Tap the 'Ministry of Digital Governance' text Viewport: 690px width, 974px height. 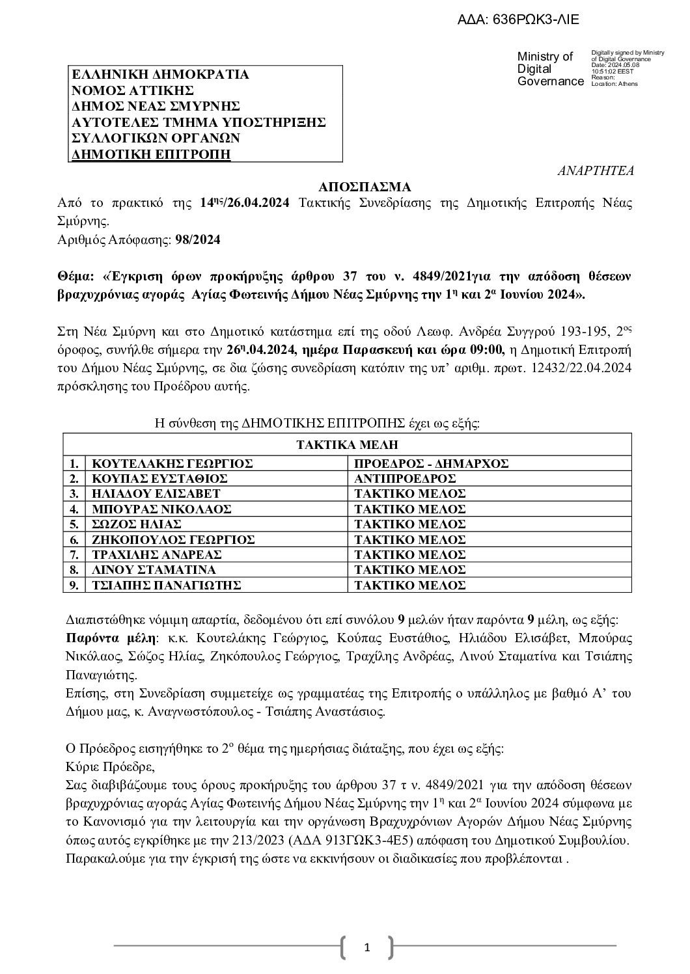tap(549, 69)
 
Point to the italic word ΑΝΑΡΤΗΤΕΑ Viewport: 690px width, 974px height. tap(596, 171)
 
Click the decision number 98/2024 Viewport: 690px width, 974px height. tap(198, 239)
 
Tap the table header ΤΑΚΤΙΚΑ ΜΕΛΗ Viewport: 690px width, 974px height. tap(347, 445)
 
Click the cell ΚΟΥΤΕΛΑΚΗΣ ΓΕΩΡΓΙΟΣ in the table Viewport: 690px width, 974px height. tap(172, 464)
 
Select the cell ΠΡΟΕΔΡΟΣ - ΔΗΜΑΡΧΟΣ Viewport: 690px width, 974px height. tap(432, 464)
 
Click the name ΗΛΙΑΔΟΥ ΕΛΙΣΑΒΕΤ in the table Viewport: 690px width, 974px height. tap(156, 494)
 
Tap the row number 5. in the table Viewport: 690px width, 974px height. tap(74, 524)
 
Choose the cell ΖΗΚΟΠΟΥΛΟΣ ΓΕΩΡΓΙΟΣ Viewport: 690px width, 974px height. tap(173, 539)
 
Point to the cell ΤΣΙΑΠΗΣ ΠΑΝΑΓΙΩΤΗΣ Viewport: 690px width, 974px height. tap(167, 585)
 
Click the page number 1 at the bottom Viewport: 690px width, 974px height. tap(366, 947)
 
